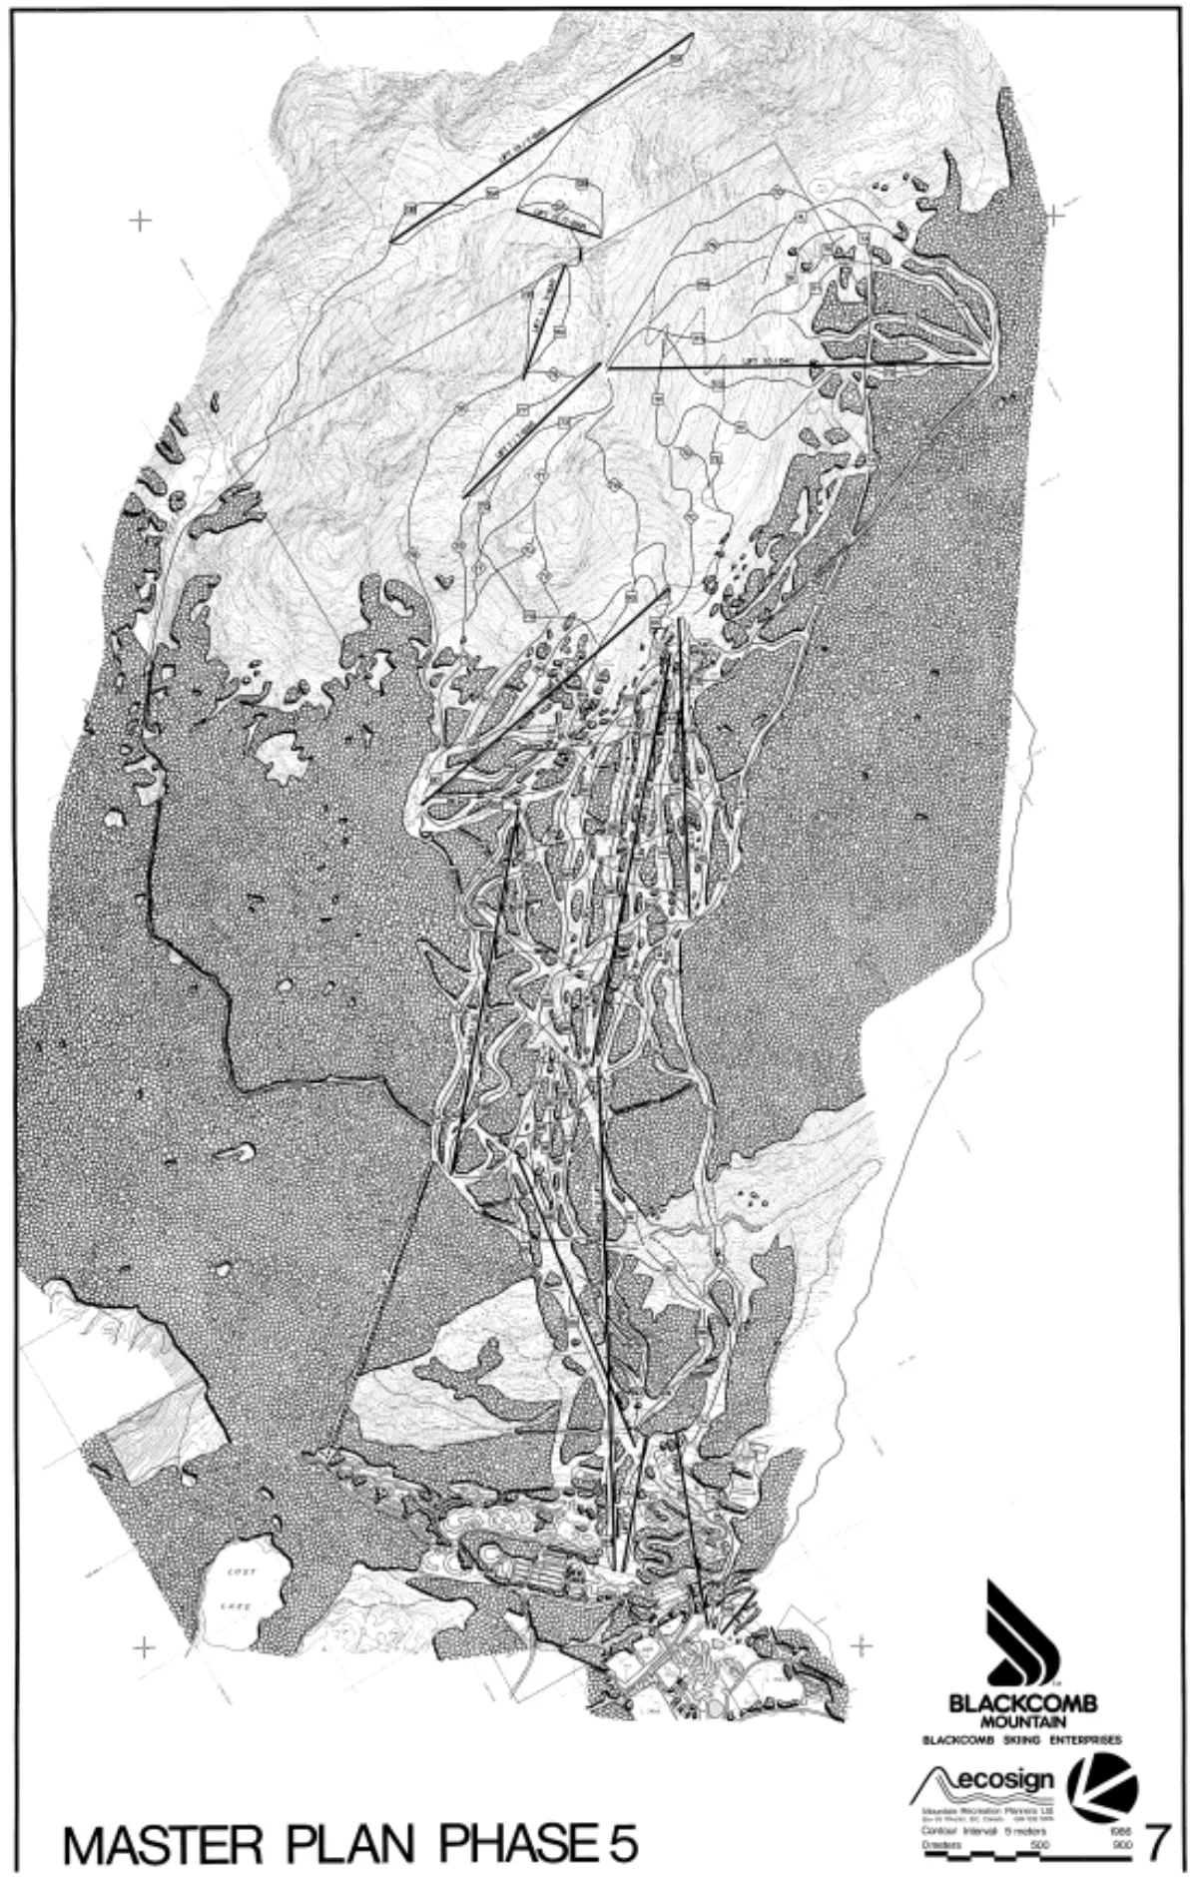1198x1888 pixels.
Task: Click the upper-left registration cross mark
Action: click(x=140, y=221)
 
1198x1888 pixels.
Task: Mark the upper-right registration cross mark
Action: click(x=1055, y=213)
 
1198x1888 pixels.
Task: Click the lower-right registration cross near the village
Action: click(x=861, y=1643)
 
